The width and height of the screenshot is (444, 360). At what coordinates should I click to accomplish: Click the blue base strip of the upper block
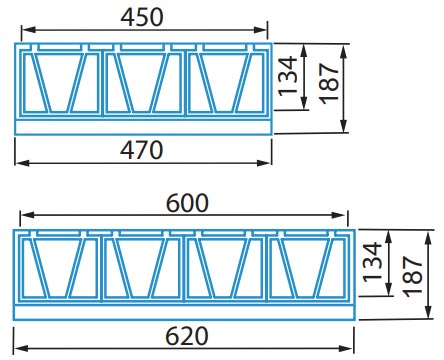[144, 126]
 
